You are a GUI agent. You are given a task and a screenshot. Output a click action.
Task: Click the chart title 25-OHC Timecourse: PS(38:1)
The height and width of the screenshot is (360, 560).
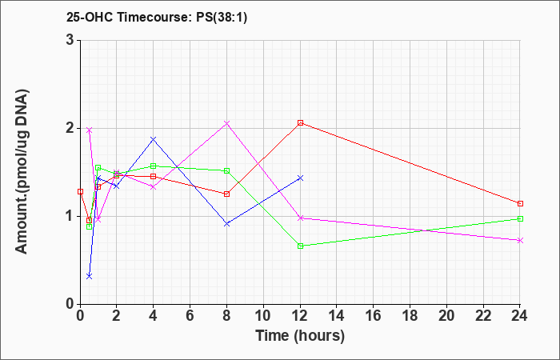click(x=157, y=18)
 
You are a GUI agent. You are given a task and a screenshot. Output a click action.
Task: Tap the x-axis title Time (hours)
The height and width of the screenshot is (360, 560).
click(x=300, y=336)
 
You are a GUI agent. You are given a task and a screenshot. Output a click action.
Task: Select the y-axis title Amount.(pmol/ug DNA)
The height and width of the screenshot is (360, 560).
click(x=22, y=172)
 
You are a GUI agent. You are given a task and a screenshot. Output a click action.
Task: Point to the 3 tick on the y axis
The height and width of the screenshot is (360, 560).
click(x=70, y=40)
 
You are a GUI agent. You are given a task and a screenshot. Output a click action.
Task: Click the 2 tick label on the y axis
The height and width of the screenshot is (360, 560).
click(x=70, y=128)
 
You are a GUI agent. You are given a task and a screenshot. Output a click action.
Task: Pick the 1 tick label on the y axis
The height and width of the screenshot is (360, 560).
click(x=70, y=217)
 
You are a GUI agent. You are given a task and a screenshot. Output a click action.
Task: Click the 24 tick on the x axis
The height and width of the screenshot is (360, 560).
click(x=520, y=316)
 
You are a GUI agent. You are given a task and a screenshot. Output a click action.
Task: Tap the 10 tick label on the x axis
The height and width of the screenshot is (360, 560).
click(x=263, y=316)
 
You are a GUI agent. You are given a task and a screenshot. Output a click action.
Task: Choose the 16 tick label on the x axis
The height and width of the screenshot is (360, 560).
click(x=374, y=316)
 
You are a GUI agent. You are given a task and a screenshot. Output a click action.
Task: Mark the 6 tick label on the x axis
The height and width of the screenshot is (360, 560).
click(x=190, y=316)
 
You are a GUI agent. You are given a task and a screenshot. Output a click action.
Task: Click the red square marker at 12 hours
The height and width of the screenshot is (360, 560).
click(x=300, y=123)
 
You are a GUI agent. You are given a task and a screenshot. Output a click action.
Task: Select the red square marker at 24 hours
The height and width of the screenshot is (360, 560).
click(x=520, y=203)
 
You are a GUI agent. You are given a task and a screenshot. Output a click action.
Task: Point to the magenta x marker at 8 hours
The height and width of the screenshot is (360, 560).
click(x=226, y=123)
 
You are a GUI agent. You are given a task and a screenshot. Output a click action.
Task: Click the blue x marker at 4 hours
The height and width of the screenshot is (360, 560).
click(x=154, y=139)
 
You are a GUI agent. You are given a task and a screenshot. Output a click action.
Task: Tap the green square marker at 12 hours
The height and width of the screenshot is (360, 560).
click(x=300, y=246)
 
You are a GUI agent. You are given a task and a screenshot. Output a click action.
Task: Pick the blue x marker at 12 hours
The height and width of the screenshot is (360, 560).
click(x=300, y=178)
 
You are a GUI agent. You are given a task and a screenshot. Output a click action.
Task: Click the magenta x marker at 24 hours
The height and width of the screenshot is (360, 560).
click(x=520, y=240)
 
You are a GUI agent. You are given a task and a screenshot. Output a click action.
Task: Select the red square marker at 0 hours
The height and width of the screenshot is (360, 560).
click(x=80, y=192)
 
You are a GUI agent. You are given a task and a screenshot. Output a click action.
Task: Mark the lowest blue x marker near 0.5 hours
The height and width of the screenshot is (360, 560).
click(x=90, y=276)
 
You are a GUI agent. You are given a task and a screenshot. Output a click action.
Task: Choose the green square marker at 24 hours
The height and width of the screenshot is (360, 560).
click(x=520, y=219)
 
